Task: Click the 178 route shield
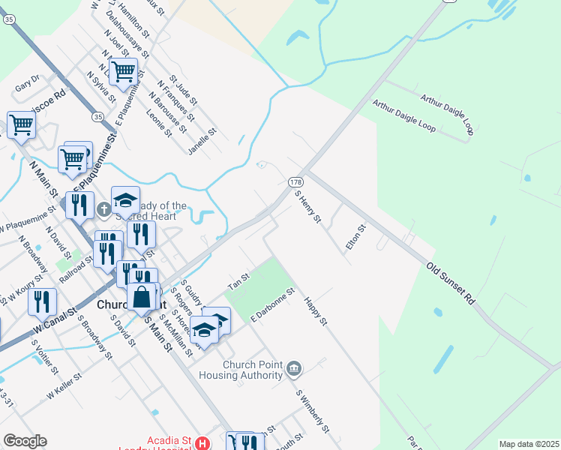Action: click(x=295, y=182)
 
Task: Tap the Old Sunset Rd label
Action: click(x=451, y=283)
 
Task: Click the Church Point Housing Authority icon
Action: click(x=294, y=368)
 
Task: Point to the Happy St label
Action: click(x=316, y=311)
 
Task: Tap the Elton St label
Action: click(x=355, y=238)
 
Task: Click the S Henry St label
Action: click(x=307, y=206)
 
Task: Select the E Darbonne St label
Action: click(x=273, y=308)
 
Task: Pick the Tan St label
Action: click(x=238, y=283)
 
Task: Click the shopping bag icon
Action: click(x=142, y=296)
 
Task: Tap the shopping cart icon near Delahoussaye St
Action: click(x=123, y=72)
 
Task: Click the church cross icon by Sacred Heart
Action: click(x=103, y=209)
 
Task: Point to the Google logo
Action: click(x=25, y=441)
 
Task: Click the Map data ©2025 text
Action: click(x=529, y=444)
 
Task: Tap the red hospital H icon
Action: click(x=201, y=444)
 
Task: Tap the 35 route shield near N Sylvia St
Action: click(x=98, y=117)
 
